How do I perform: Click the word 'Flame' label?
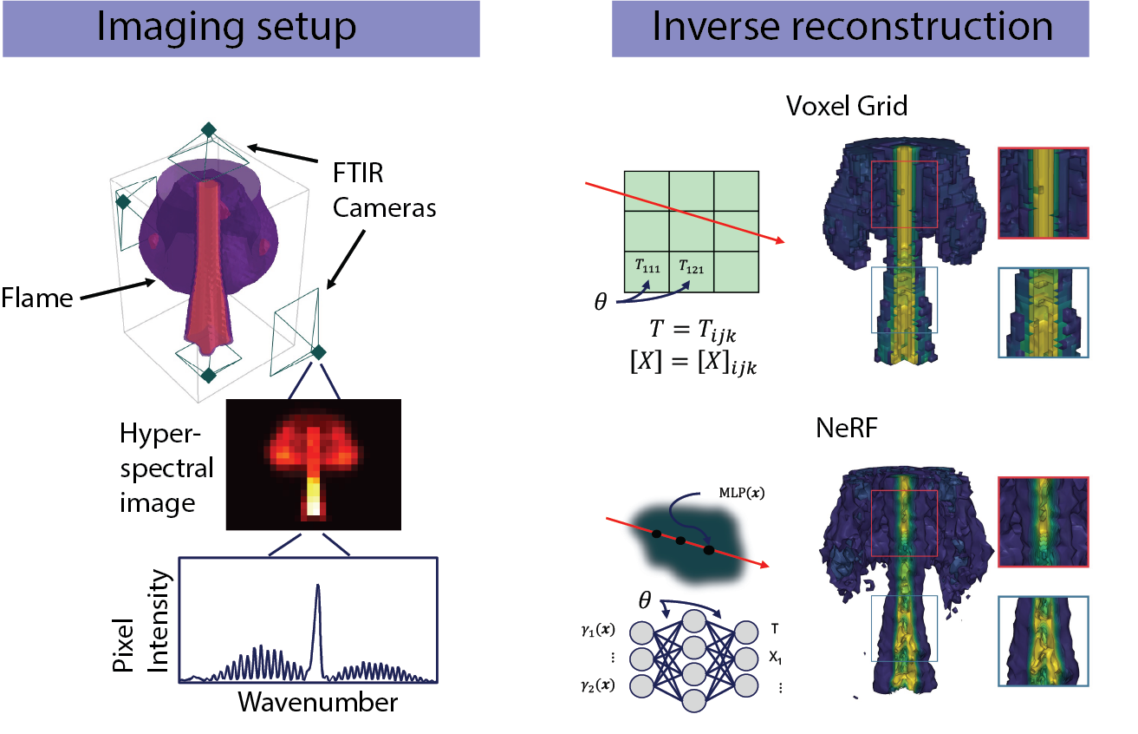[x=36, y=298]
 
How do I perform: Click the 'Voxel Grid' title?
[x=846, y=107]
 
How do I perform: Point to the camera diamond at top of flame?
[x=208, y=129]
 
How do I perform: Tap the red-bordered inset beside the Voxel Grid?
[x=1043, y=193]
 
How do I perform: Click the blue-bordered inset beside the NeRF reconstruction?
[x=1043, y=640]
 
